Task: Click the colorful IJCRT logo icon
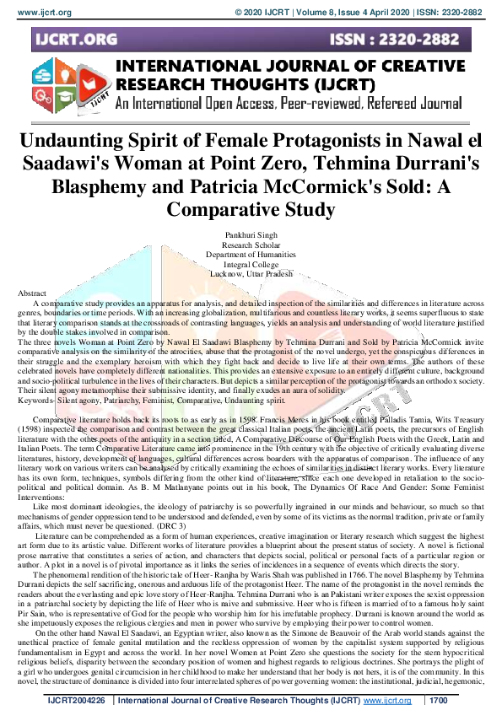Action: (x=67, y=87)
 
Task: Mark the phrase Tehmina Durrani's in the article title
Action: (x=398, y=163)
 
